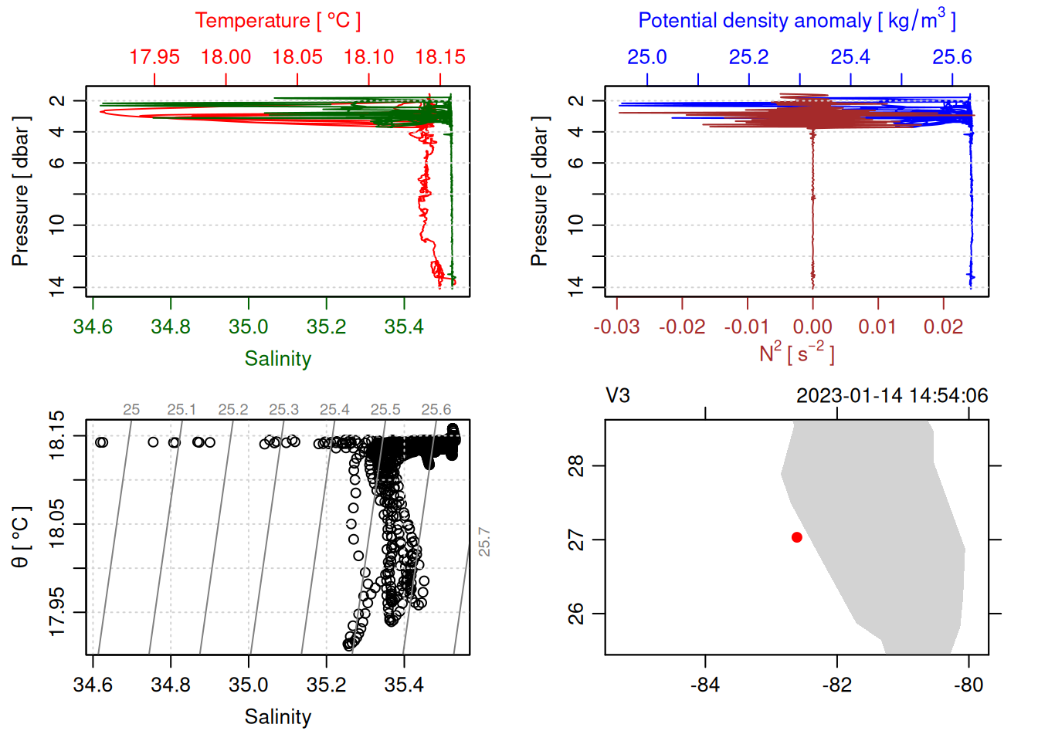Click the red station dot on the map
(796, 537)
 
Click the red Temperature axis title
(277, 21)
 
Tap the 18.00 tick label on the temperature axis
(226, 57)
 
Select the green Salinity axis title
(277, 359)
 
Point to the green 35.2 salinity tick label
(326, 327)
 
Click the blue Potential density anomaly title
(796, 21)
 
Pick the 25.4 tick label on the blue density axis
(850, 57)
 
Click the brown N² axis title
(796, 354)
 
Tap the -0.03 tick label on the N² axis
(616, 327)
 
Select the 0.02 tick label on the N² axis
(942, 327)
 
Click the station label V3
(618, 396)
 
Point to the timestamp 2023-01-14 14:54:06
(892, 396)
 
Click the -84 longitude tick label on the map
(705, 685)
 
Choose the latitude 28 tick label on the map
(576, 466)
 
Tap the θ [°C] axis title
(21, 536)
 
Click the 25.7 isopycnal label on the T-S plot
(484, 542)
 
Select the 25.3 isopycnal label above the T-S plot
(283, 410)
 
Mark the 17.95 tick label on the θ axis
(57, 613)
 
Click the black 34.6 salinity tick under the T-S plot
(93, 685)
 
